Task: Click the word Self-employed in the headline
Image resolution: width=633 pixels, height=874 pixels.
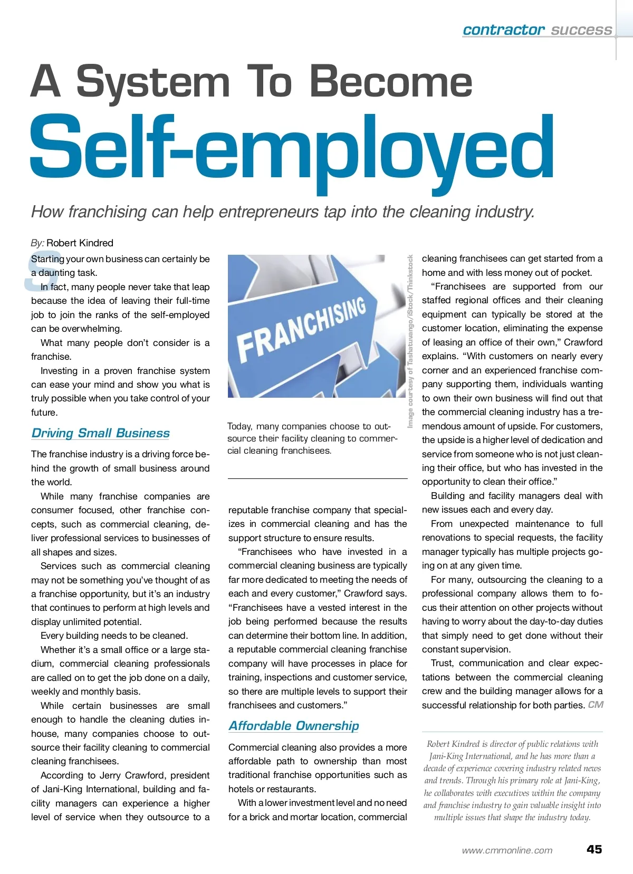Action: pyautogui.click(x=292, y=150)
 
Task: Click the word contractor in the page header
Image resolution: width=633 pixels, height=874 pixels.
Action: pyautogui.click(x=503, y=30)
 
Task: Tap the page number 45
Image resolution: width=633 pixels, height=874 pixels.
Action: pyautogui.click(x=594, y=849)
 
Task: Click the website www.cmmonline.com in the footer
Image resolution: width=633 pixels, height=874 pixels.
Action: pyautogui.click(x=507, y=850)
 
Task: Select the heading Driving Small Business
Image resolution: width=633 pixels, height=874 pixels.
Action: pyautogui.click(x=100, y=433)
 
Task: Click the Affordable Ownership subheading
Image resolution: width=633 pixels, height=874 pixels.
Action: pyautogui.click(x=293, y=726)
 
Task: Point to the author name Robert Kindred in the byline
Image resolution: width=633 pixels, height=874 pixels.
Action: pyautogui.click(x=80, y=243)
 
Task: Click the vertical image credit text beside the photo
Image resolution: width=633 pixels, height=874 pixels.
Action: pyautogui.click(x=410, y=341)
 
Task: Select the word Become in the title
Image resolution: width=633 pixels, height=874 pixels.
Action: pyautogui.click(x=390, y=82)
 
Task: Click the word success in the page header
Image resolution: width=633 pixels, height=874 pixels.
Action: pyautogui.click(x=581, y=30)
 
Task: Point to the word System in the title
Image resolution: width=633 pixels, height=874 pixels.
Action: pyautogui.click(x=153, y=82)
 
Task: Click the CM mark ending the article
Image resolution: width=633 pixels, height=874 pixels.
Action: pyautogui.click(x=596, y=705)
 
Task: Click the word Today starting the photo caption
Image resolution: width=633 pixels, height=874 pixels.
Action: pyautogui.click(x=239, y=426)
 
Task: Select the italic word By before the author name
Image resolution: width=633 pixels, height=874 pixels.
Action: pyautogui.click(x=37, y=243)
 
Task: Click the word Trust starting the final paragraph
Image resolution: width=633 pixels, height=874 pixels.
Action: pyautogui.click(x=442, y=663)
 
